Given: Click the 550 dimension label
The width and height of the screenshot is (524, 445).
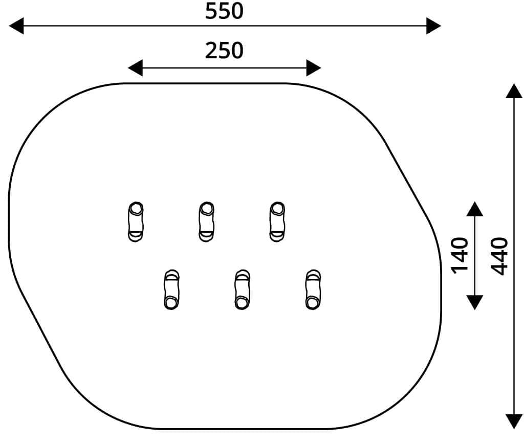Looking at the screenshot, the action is (x=224, y=11).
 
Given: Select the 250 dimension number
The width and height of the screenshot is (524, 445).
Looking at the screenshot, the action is (x=224, y=51).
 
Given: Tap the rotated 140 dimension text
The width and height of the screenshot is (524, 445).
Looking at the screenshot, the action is (x=460, y=256).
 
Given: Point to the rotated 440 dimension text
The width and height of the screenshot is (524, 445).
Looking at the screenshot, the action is (x=499, y=256).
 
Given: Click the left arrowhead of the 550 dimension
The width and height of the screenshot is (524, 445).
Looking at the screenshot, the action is (x=16, y=26).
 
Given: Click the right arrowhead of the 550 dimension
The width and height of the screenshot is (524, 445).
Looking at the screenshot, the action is (x=433, y=26).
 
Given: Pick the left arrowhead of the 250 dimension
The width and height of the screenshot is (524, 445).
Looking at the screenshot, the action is (x=135, y=68).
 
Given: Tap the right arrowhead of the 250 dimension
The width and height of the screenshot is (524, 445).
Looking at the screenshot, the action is (x=314, y=68).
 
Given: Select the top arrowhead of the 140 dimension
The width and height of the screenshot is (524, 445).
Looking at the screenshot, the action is (x=474, y=209).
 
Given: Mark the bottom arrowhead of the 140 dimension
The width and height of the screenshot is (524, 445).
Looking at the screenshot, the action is (x=474, y=303).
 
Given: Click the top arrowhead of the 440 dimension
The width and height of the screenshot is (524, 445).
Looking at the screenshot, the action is (x=514, y=91).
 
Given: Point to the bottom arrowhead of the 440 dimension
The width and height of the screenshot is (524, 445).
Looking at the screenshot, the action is (x=514, y=421).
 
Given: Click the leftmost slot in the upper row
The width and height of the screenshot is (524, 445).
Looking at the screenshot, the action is (x=136, y=222).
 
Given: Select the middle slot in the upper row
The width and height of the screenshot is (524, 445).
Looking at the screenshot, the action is (x=207, y=222).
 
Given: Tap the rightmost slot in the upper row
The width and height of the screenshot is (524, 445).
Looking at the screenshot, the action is (x=277, y=222).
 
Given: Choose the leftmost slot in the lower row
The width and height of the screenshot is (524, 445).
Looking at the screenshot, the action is (x=171, y=290).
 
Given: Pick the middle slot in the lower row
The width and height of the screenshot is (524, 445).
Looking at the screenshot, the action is (x=242, y=290).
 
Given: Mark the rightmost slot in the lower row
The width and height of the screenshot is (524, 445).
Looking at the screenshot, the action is (x=313, y=290).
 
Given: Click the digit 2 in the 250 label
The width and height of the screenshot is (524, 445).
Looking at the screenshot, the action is (x=211, y=51).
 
